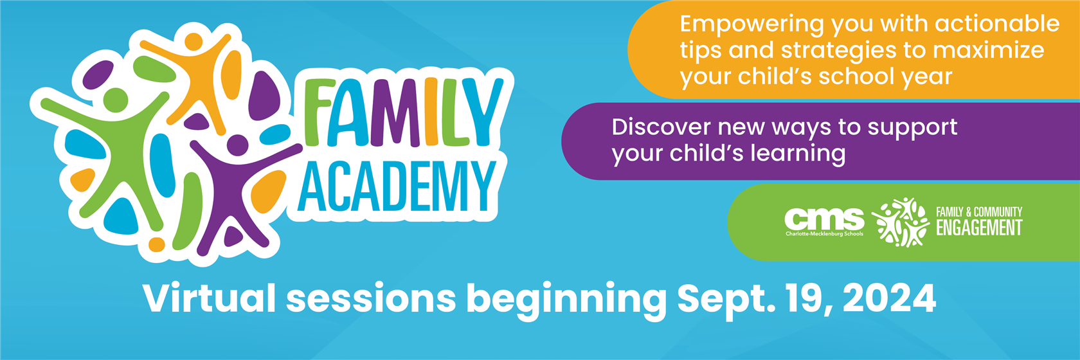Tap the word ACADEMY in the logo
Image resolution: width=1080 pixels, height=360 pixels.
397,186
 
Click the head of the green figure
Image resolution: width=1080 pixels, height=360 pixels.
116,100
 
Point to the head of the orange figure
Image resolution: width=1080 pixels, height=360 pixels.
194,41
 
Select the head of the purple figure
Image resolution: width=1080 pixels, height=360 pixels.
237,145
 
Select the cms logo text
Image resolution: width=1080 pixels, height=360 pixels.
824,219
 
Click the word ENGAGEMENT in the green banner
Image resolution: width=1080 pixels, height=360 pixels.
979,228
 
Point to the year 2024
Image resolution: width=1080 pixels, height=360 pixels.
890,298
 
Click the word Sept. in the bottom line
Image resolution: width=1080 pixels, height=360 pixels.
726,300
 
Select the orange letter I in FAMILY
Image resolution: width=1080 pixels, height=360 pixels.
431,112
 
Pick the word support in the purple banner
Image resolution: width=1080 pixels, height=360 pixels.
912,128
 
